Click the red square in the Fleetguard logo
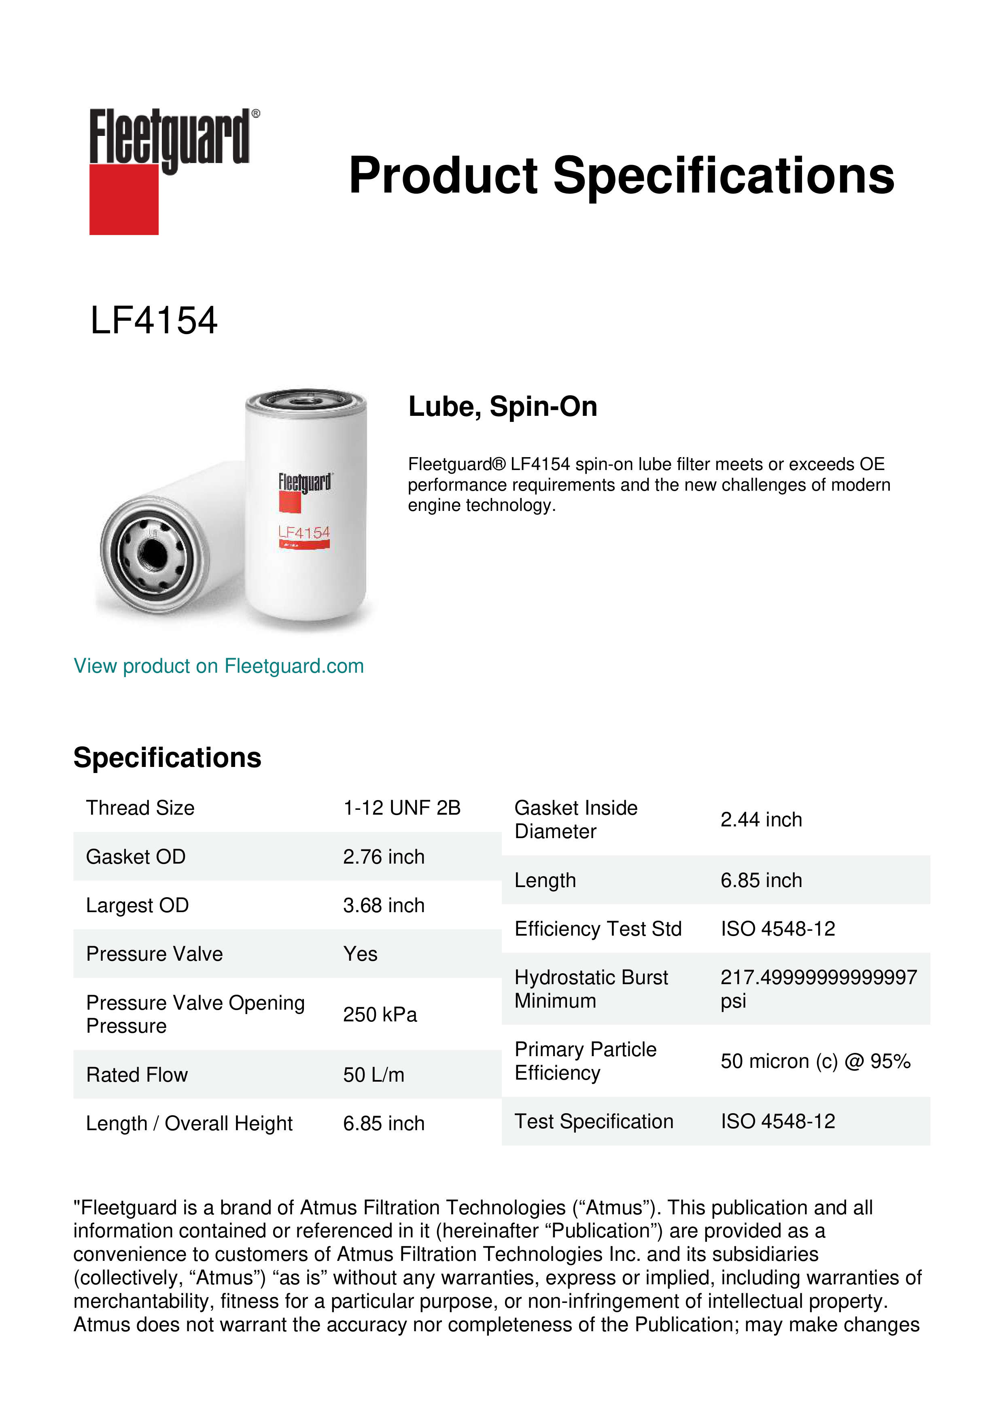pyautogui.click(x=124, y=199)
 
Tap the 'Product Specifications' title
pyautogui.click(x=621, y=176)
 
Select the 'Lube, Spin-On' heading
pyautogui.click(x=503, y=407)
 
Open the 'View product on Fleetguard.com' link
pyautogui.click(x=218, y=666)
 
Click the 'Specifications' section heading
pyautogui.click(x=167, y=758)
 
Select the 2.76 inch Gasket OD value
pyautogui.click(x=383, y=857)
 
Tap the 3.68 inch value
pyautogui.click(x=383, y=905)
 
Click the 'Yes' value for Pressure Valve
pyautogui.click(x=360, y=954)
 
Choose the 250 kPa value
pyautogui.click(x=380, y=1015)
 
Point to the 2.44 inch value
pyautogui.click(x=760, y=820)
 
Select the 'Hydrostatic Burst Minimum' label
pyautogui.click(x=590, y=989)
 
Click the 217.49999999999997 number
pyautogui.click(x=818, y=978)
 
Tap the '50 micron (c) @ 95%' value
pyautogui.click(x=815, y=1061)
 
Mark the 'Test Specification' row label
pyautogui.click(x=594, y=1121)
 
